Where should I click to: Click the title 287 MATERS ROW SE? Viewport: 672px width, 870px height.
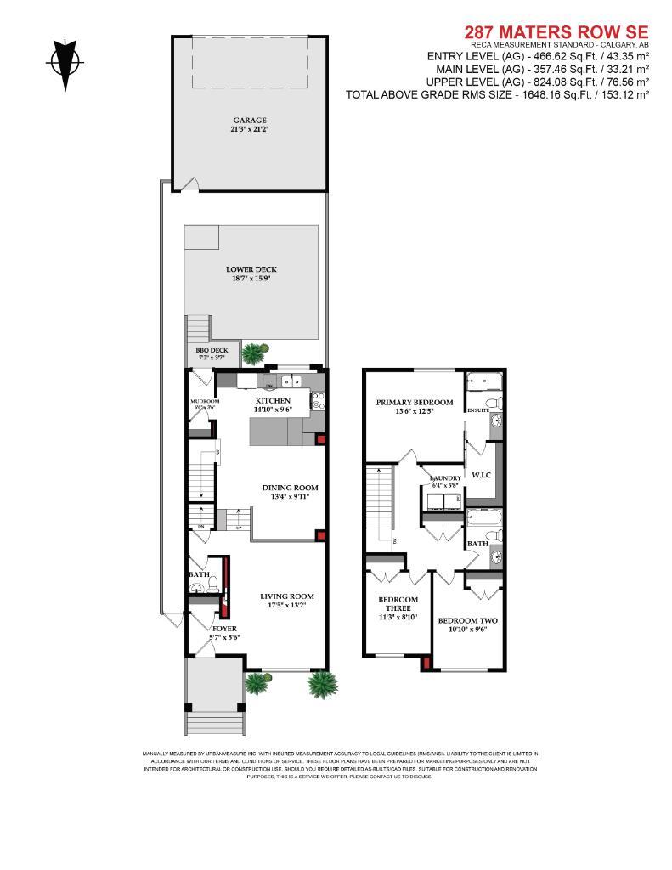556,32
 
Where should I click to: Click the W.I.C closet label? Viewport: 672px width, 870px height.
483,474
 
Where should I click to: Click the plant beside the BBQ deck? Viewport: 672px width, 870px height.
254,352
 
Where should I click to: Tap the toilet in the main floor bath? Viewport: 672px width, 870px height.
214,585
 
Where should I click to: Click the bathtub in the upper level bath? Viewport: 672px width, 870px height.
484,518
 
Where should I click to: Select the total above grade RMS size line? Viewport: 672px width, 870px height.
497,95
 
